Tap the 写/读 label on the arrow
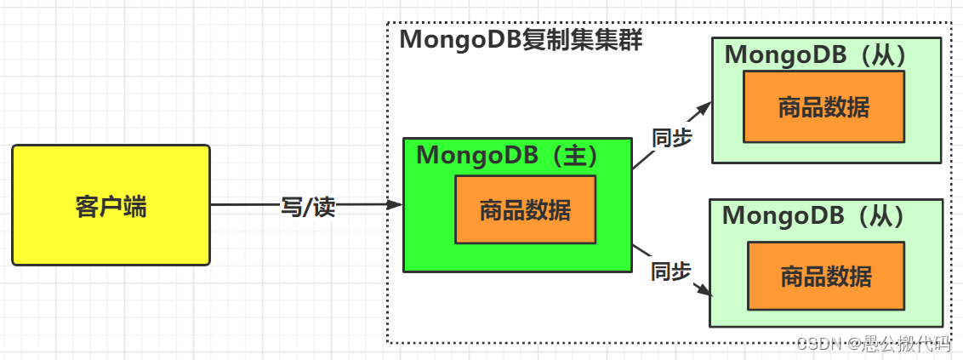point(308,207)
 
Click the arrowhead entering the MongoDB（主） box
point(395,205)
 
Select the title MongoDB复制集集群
point(521,40)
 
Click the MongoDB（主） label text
point(508,156)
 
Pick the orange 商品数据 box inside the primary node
point(525,209)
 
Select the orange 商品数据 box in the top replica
point(823,106)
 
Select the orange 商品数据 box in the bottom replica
point(825,276)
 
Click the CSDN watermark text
point(873,343)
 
